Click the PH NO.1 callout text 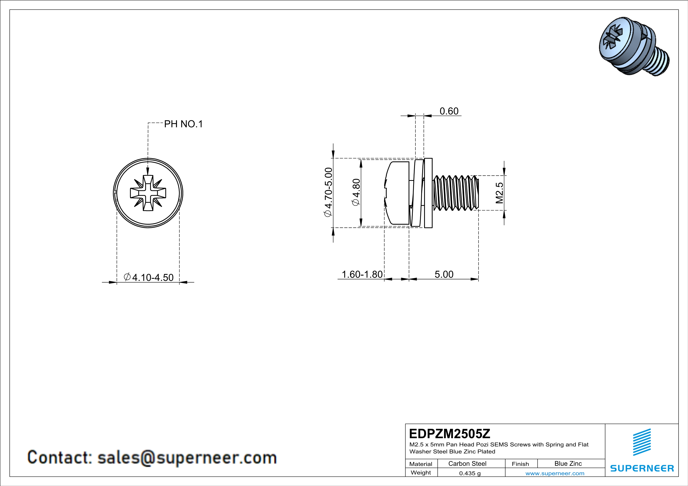[x=183, y=124]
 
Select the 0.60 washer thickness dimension [x=449, y=111]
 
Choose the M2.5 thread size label [x=499, y=193]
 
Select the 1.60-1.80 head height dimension [x=362, y=274]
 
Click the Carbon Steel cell [x=467, y=463]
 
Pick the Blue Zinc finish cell [x=568, y=463]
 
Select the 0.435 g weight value [x=469, y=473]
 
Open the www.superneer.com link [x=555, y=473]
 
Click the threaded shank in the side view [x=456, y=193]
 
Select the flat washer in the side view [x=428, y=193]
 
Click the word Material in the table [x=421, y=464]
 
